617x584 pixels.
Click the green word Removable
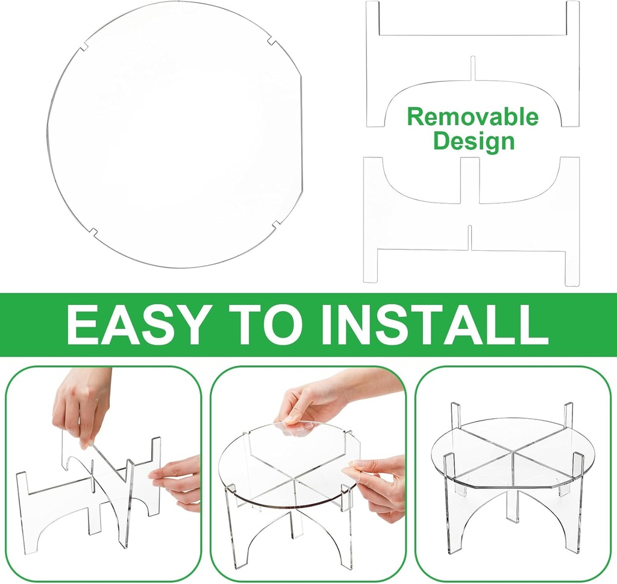pos(472,116)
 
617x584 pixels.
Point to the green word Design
pos(474,142)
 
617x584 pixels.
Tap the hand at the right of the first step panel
pos(178,482)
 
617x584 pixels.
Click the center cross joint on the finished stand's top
pos(513,453)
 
